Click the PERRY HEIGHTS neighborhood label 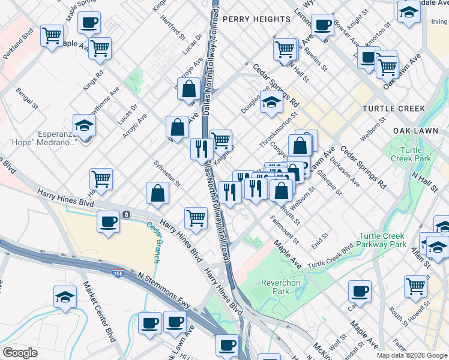click(256, 19)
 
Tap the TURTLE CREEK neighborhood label click(393, 109)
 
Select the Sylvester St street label click(166, 173)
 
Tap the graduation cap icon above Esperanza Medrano click(85, 126)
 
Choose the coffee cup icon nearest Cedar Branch click(109, 222)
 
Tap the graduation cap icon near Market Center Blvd click(65, 297)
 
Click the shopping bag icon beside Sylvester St click(157, 193)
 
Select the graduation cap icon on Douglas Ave click(271, 102)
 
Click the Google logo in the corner click(20, 353)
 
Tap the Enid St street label click(319, 240)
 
